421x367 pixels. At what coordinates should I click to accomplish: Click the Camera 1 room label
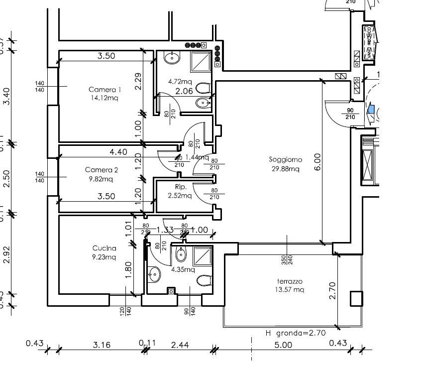105,90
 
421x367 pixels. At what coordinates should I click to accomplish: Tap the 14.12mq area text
105,98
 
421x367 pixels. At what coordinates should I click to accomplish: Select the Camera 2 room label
101,170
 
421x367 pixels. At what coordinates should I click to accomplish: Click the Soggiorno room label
285,160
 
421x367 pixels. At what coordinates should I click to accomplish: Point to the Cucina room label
105,248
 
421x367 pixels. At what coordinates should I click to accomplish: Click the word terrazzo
289,281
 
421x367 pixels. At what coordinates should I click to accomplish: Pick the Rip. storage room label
181,187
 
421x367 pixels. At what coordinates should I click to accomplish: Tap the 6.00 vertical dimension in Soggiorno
317,161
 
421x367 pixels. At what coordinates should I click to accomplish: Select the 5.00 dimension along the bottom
284,344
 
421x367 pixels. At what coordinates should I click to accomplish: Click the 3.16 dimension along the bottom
101,344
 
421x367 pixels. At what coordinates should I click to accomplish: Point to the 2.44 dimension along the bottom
180,344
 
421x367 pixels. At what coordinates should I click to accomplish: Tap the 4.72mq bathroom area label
180,81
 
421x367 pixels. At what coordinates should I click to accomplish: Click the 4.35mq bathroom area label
182,269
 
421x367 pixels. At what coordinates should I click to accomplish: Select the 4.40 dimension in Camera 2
105,152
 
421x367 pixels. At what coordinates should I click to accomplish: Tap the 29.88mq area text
285,169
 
